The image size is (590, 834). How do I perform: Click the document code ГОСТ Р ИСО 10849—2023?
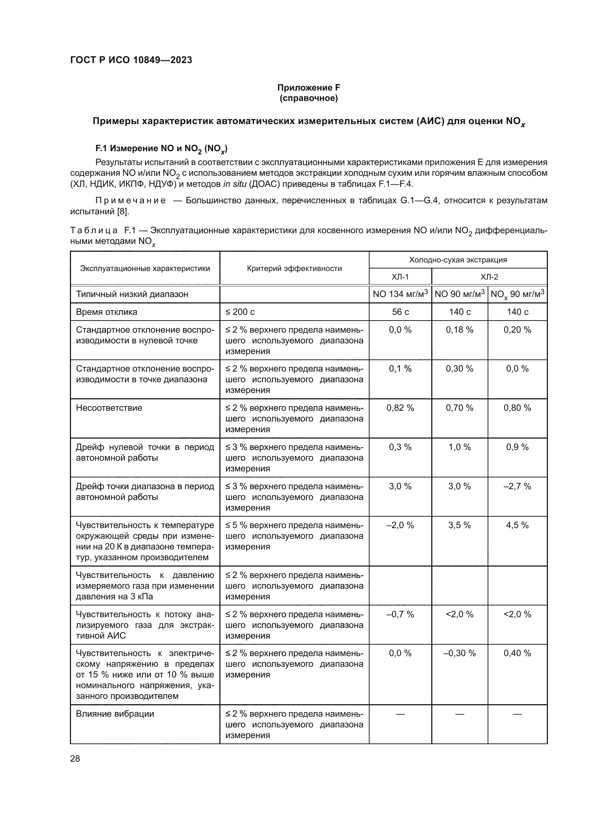pos(131,60)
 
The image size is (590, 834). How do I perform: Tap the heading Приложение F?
pos(309,88)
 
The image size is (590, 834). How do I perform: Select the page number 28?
pos(75,758)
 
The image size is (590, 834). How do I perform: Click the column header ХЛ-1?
pos(400,277)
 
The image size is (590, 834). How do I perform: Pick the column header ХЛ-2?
pos(489,277)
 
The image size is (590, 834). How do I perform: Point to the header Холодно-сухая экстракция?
pos(458,260)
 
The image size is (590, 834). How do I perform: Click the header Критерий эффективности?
pos(294,268)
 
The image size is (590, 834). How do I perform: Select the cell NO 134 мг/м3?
pos(400,294)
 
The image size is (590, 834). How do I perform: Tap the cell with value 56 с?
pos(400,312)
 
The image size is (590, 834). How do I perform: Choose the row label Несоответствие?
pos(109,408)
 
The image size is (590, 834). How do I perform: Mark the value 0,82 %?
pos(400,408)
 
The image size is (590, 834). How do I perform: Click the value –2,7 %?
pos(517,486)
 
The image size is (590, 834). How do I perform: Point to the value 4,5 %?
pos(517,525)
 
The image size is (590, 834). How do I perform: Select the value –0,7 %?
pos(400,614)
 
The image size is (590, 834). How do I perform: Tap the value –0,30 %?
pos(459,653)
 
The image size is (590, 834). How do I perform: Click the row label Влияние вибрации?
pos(115,714)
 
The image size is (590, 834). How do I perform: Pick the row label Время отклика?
pos(106,312)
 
